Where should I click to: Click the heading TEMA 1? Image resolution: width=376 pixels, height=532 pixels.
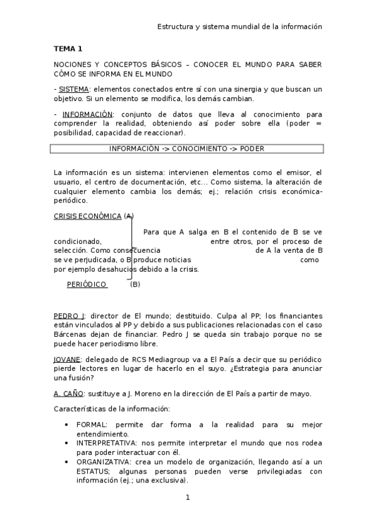(68, 48)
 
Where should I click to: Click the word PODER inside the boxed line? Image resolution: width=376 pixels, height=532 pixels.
(251, 149)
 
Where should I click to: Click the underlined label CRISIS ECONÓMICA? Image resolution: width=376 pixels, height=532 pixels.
(87, 216)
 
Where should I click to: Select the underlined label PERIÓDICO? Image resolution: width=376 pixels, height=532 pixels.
(87, 284)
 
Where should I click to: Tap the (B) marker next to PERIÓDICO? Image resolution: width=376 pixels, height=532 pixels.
(135, 284)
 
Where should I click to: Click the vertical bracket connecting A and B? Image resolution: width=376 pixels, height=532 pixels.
(131, 248)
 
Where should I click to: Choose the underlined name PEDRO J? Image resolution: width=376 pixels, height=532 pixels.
(69, 316)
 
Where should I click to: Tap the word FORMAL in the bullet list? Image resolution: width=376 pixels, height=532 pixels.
(92, 425)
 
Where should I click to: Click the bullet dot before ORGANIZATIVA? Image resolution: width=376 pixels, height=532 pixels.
(67, 461)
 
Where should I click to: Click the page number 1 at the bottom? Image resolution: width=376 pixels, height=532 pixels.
(187, 497)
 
